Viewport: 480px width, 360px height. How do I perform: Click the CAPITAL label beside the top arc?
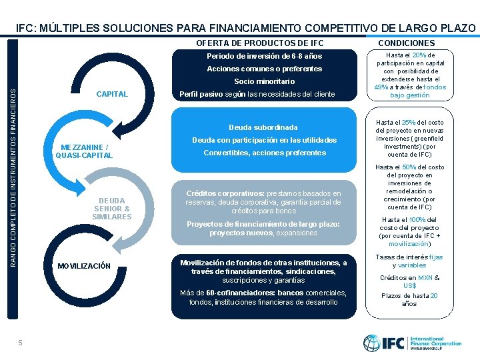pos(112,94)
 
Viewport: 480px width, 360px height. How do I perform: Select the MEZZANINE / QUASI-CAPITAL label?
pos(84,151)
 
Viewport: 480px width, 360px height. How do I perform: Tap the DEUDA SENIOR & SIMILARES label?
pos(112,209)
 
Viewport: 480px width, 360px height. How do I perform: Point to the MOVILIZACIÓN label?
pos(84,266)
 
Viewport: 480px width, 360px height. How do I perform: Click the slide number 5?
pos(21,343)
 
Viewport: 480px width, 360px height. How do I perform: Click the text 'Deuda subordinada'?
pos(263,127)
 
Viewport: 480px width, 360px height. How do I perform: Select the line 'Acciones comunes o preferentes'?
pos(265,69)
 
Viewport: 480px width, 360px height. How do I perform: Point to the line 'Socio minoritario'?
pos(265,81)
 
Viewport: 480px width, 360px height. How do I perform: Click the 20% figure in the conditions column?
pos(420,55)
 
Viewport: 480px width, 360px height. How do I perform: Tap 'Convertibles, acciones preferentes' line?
pos(265,153)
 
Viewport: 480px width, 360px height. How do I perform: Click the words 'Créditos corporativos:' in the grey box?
pos(222,193)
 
